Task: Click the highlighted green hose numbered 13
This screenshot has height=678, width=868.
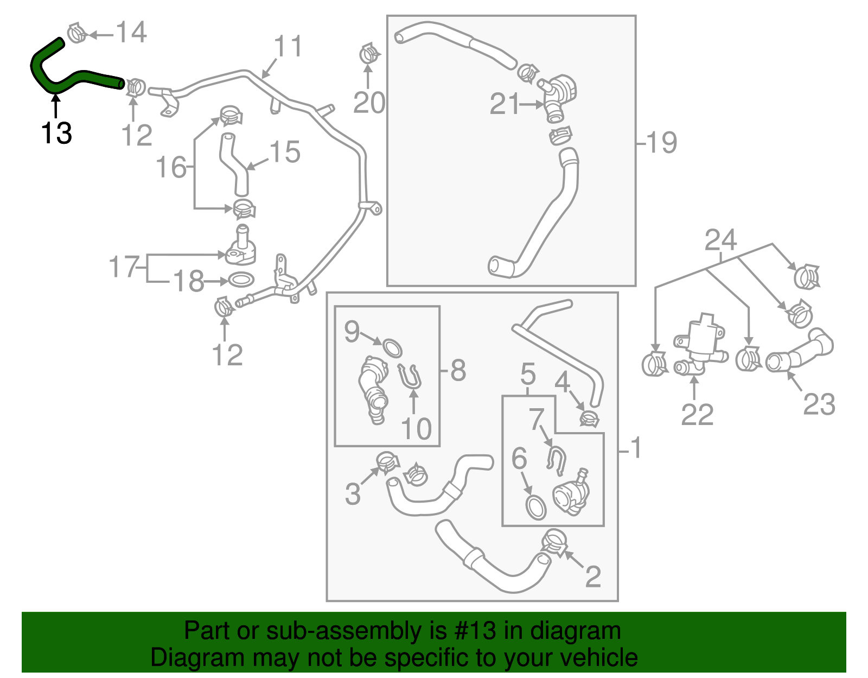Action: click(81, 77)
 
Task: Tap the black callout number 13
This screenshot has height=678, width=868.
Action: click(56, 133)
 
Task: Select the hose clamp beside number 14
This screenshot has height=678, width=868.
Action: click(77, 33)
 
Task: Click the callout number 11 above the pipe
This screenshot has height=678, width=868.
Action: click(288, 47)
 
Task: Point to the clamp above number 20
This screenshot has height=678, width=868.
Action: click(369, 54)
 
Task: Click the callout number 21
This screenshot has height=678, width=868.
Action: click(505, 104)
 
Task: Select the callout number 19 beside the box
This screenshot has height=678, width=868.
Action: click(661, 143)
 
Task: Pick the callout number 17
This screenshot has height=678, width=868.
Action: click(125, 267)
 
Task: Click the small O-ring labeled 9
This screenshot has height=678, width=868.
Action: click(393, 347)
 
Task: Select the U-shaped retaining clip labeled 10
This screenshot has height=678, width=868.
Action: click(411, 376)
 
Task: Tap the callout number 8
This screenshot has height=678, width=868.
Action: click(458, 371)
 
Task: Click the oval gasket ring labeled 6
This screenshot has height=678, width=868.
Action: click(536, 507)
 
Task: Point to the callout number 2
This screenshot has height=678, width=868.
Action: click(593, 576)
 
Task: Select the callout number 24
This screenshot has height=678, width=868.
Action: click(720, 240)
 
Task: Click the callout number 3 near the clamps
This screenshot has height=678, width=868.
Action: click(353, 494)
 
